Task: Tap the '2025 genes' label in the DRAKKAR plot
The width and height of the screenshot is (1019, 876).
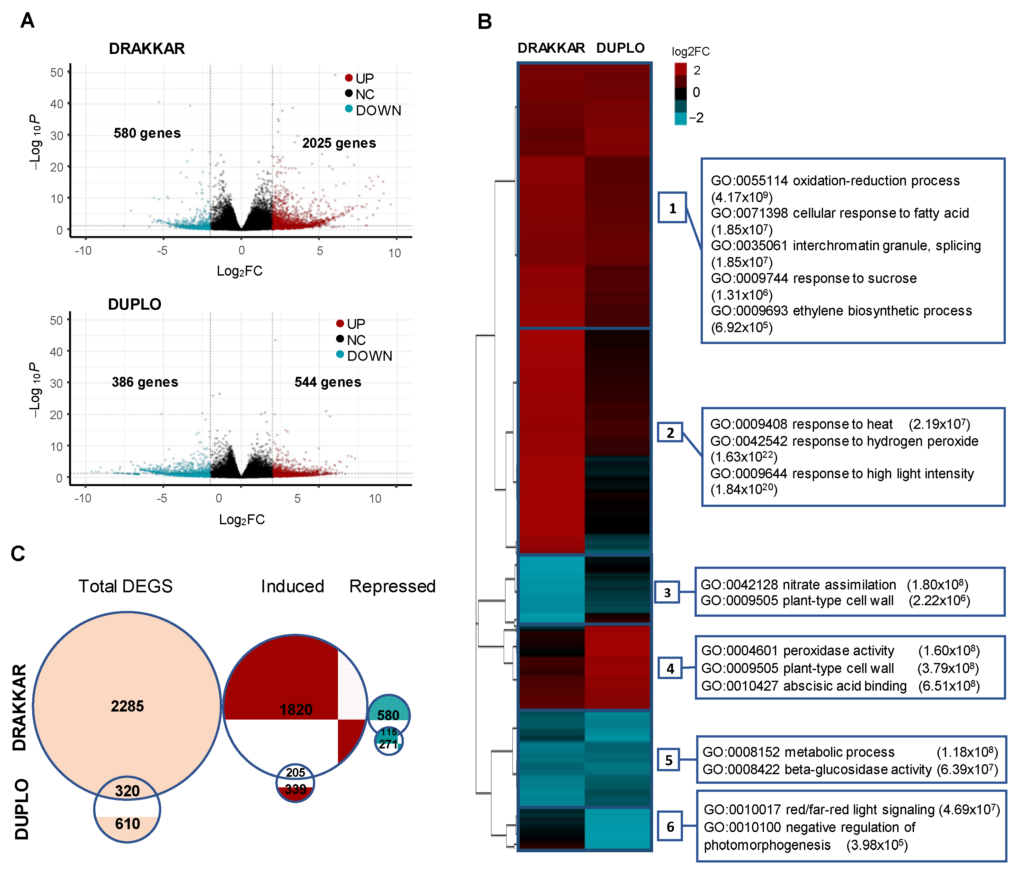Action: pos(339,143)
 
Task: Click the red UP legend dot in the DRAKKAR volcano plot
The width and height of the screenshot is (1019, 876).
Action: pos(349,78)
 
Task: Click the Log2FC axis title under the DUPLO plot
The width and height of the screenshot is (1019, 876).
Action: pos(242,519)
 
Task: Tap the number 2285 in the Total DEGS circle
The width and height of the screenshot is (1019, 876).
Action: pos(127,706)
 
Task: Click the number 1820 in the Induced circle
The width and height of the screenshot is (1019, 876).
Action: pos(296,709)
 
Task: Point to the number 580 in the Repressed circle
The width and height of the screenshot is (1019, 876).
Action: pos(388,715)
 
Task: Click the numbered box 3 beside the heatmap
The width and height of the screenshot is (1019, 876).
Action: pos(667,593)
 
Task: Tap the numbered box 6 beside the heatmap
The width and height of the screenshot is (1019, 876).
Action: pos(670,827)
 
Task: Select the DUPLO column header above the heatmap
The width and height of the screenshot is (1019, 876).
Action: pos(620,48)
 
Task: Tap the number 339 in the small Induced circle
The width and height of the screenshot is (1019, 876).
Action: pos(295,790)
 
